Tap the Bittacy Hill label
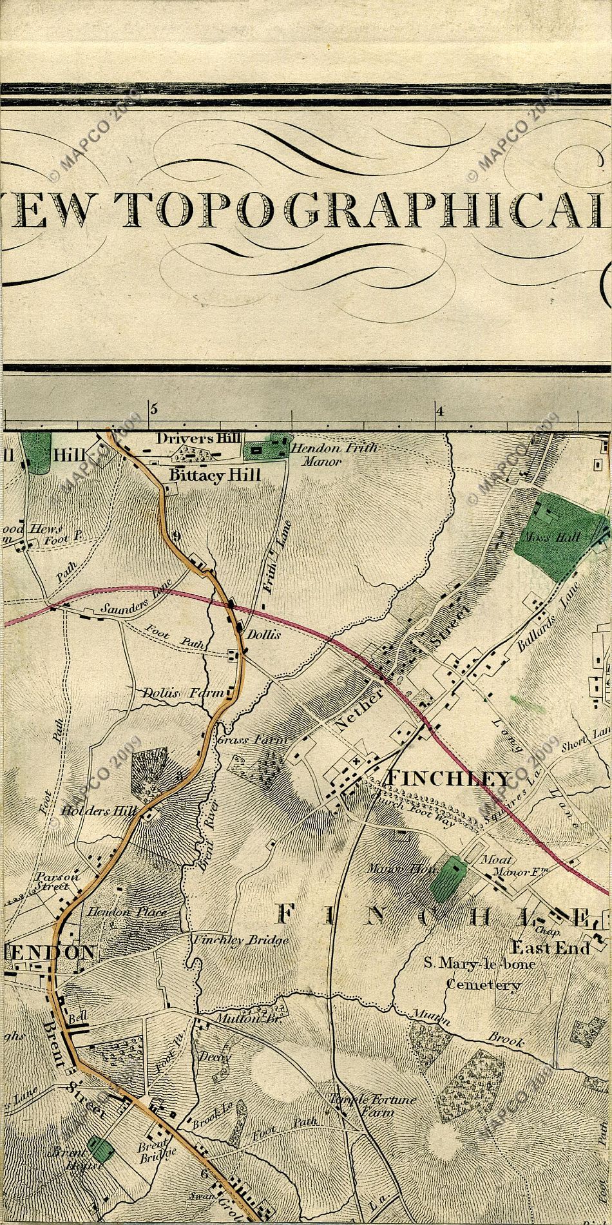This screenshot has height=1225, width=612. [x=214, y=476]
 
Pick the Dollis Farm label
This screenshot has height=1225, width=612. [x=182, y=693]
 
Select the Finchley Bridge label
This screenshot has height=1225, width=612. [x=241, y=940]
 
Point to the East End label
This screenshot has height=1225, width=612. [x=559, y=948]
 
